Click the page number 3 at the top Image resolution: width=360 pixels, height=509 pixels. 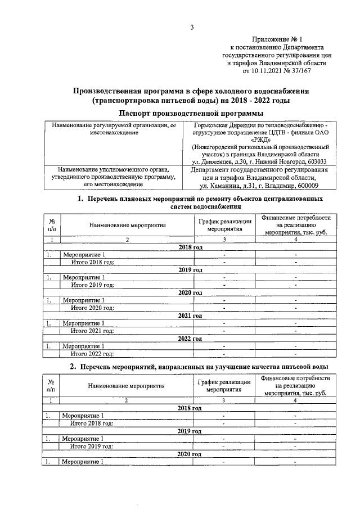pos(192,28)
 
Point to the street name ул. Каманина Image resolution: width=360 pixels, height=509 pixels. pos(220,186)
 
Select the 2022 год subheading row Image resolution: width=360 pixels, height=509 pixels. pos(190,339)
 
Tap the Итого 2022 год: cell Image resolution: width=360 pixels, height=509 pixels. pos(92,354)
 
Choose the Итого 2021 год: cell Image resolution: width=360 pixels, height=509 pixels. pos(92,331)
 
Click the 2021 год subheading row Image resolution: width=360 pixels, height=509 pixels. pos(190,316)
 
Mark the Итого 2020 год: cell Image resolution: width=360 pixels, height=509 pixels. pos(92,308)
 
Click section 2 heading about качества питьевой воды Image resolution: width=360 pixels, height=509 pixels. pos(206,367)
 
